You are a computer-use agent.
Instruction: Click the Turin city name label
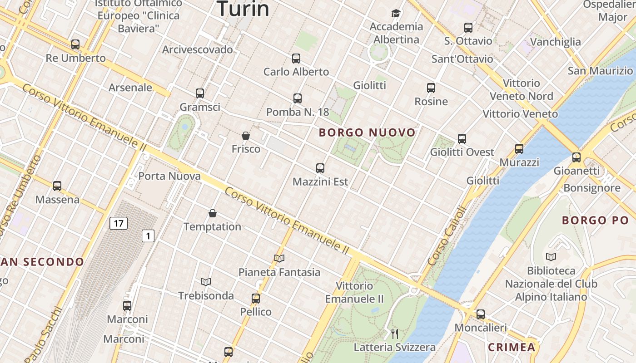(x=243, y=9)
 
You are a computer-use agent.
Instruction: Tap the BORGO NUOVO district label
(x=367, y=132)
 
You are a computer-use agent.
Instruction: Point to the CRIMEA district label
(x=511, y=348)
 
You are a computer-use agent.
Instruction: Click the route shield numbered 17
(x=118, y=223)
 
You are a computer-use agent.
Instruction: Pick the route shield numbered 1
(x=148, y=236)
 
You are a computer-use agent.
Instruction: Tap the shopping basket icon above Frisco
(x=246, y=136)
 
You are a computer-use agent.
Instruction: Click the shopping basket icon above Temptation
(x=212, y=213)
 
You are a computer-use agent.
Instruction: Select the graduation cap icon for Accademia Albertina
(x=396, y=13)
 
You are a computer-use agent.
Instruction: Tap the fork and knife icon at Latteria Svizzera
(x=395, y=334)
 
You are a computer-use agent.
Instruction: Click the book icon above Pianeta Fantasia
(x=279, y=259)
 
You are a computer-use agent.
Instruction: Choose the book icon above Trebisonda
(x=206, y=282)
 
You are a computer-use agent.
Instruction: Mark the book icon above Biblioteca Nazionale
(x=551, y=257)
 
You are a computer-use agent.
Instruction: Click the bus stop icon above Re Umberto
(x=75, y=44)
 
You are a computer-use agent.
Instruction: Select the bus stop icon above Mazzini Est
(x=320, y=168)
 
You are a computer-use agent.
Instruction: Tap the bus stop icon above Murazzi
(x=519, y=149)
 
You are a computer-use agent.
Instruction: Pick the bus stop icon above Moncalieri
(x=481, y=314)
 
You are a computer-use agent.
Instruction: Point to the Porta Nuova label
(x=169, y=176)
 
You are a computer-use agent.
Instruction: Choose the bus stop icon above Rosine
(x=431, y=88)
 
